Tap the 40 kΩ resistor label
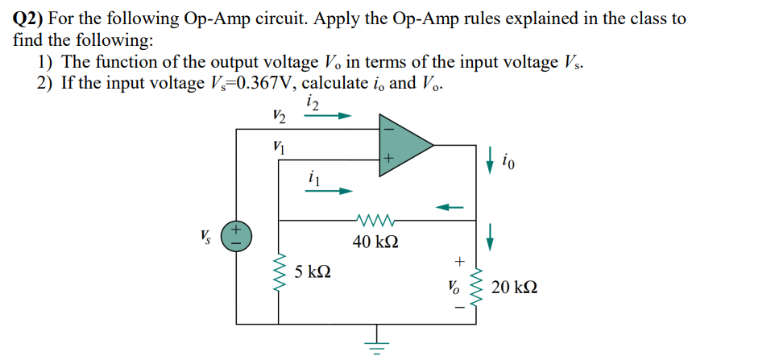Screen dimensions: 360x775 [375, 240]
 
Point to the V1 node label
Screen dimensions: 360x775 [280, 147]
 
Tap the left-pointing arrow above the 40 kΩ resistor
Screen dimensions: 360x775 [451, 207]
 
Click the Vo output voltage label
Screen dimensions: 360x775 [454, 287]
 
